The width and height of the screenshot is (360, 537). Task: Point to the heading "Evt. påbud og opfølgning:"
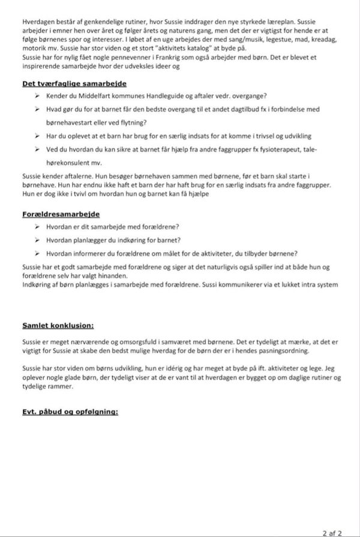[x=70, y=412]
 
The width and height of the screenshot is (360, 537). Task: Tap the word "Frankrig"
[x=160, y=56]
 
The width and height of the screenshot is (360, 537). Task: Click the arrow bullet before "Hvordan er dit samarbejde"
[x=38, y=227]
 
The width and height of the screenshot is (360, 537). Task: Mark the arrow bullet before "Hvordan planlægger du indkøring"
[x=38, y=239]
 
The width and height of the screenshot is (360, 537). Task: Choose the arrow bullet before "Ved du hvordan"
[x=38, y=149]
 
